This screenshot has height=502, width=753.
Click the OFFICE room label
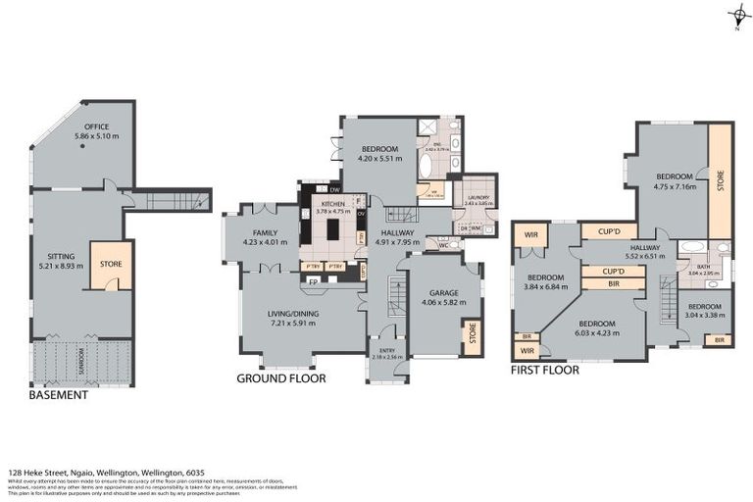(95, 127)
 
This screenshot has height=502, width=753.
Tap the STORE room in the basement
(111, 264)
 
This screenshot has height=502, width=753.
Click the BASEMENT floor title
(59, 395)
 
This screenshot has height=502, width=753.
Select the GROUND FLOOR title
(281, 377)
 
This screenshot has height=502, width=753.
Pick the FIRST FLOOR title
(545, 371)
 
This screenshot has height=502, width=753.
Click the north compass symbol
(737, 15)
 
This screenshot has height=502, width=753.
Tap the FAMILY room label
(265, 207)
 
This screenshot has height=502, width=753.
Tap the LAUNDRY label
(478, 197)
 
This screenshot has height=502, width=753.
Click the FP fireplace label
(314, 281)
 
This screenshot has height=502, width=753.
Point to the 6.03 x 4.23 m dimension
(596, 332)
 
